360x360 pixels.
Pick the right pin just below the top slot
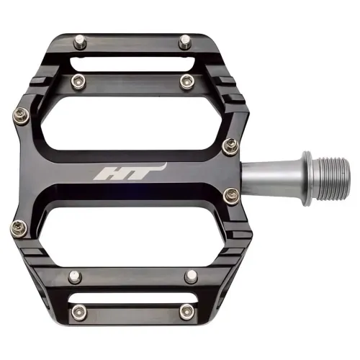[186, 78]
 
